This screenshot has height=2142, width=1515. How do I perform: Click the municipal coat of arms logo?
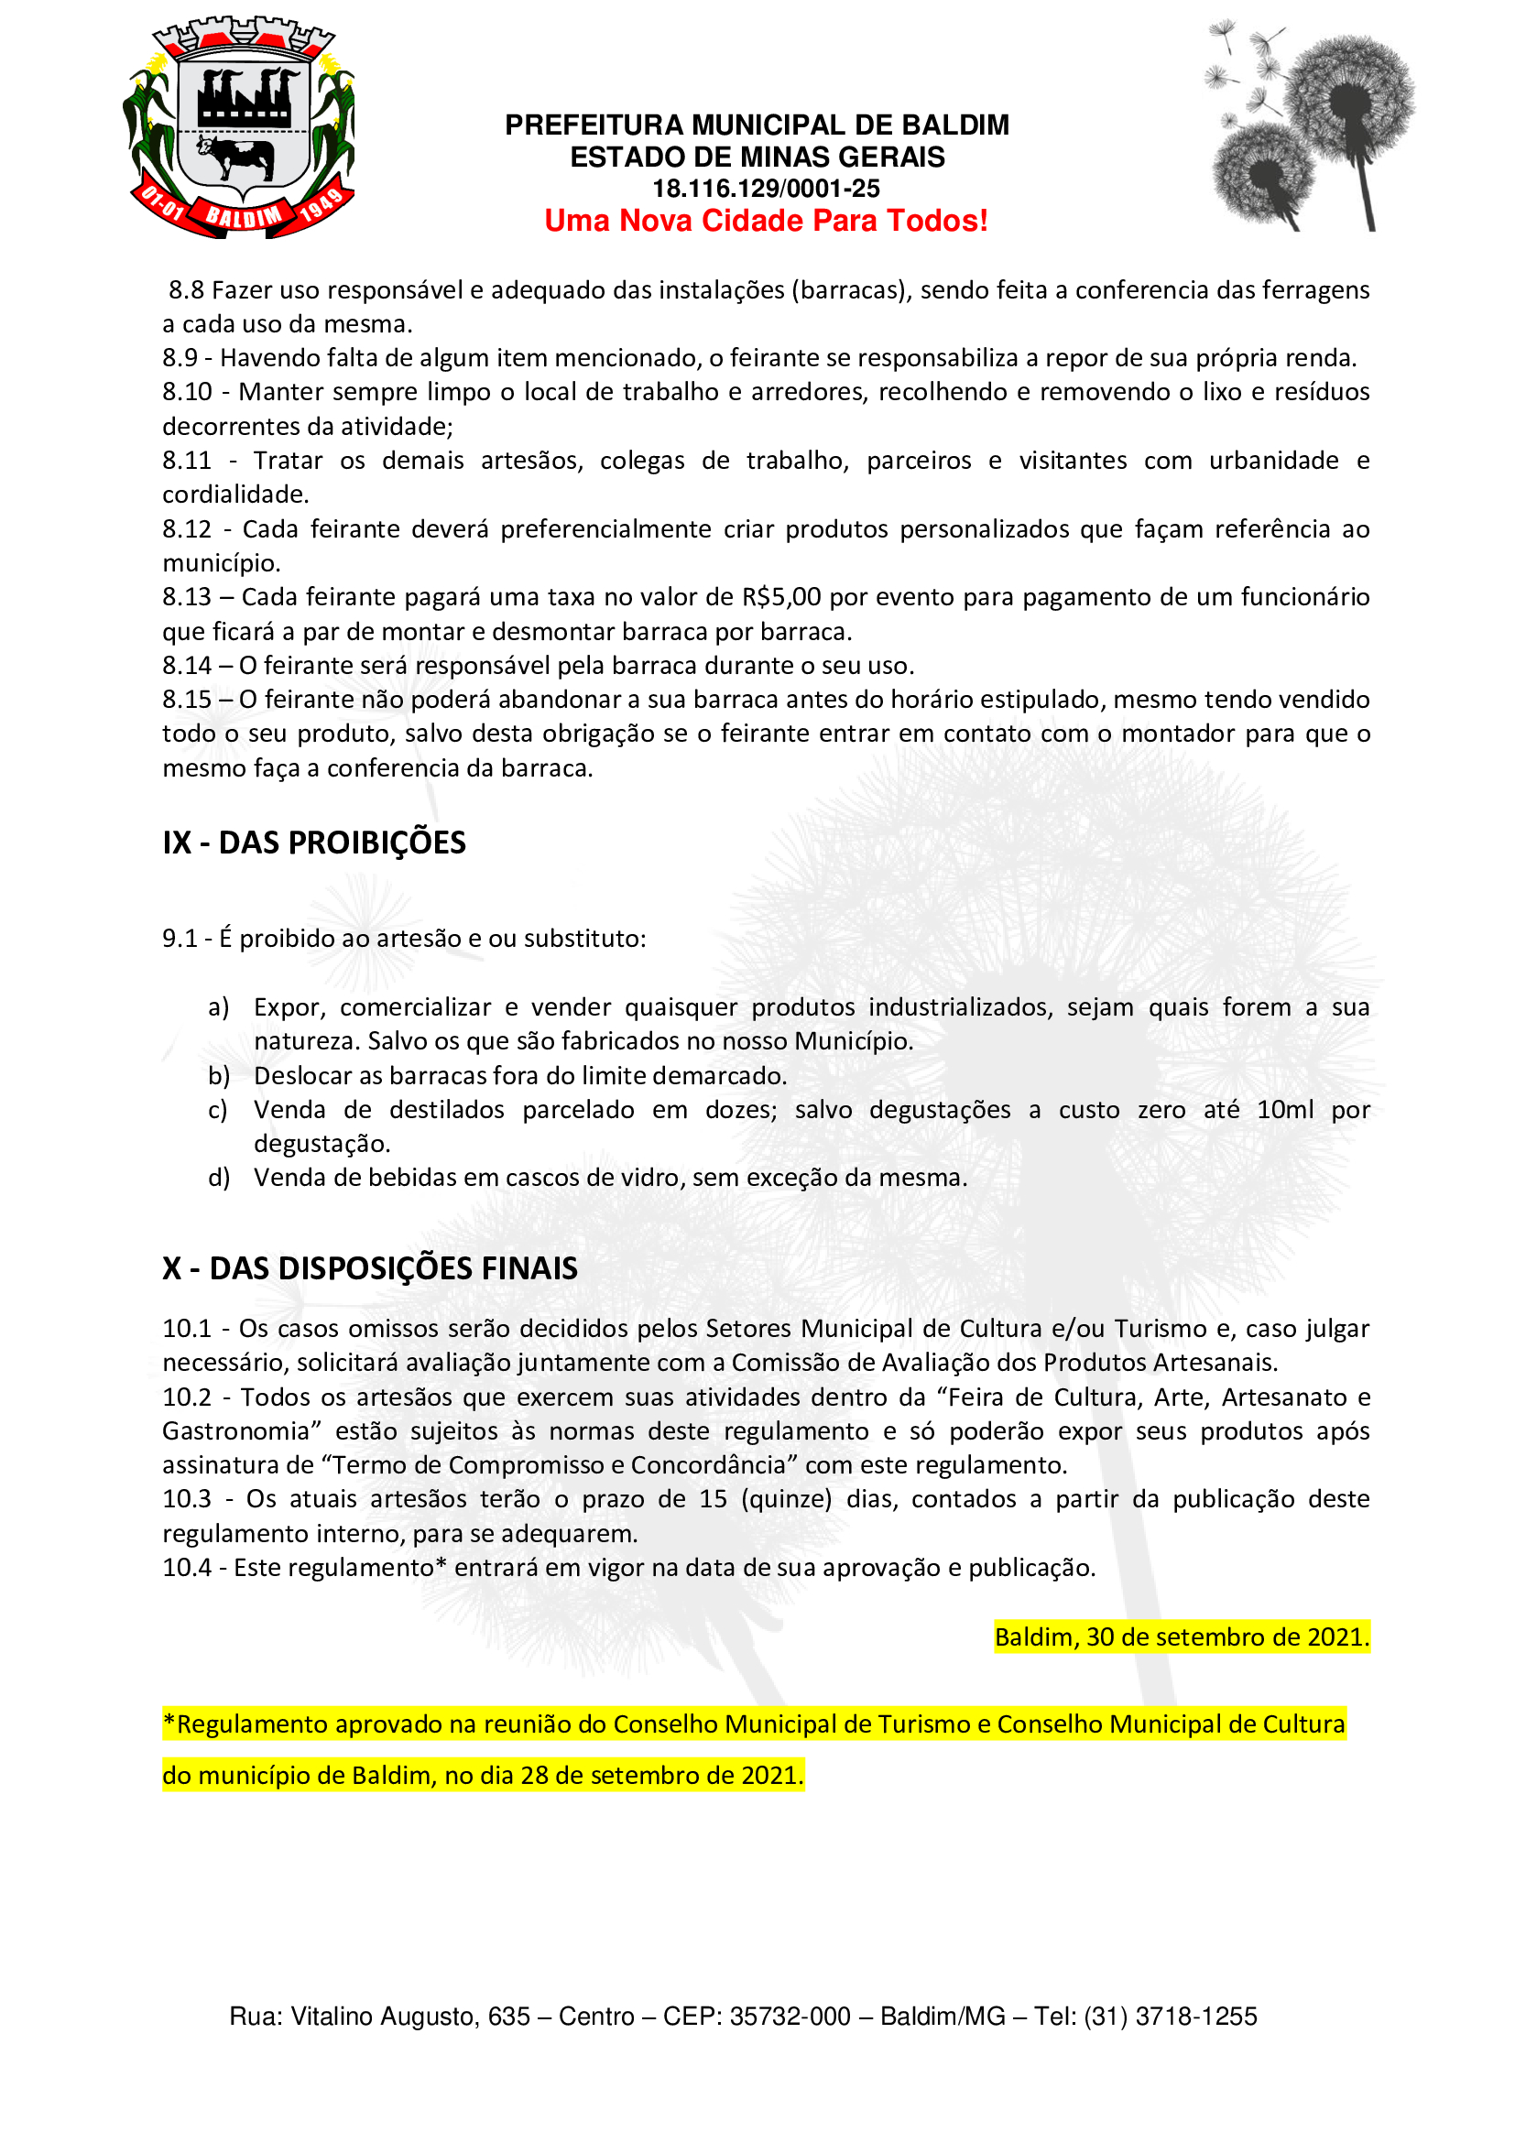(x=238, y=127)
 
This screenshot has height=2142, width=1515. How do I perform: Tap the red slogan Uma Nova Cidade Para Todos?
(x=766, y=221)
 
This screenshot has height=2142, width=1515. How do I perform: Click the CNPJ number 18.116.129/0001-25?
(x=766, y=189)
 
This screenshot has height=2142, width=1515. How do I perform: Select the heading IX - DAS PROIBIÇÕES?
(x=313, y=843)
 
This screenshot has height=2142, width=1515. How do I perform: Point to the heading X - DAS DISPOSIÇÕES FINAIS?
(x=369, y=1268)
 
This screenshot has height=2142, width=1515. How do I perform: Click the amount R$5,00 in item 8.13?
(x=780, y=597)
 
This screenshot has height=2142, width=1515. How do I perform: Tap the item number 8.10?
(x=187, y=392)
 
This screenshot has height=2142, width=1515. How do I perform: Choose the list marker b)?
(x=218, y=1076)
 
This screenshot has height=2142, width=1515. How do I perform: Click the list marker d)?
(x=218, y=1178)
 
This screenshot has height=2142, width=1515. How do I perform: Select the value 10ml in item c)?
(x=1284, y=1110)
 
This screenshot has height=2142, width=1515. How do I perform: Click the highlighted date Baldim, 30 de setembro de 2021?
(x=1181, y=1636)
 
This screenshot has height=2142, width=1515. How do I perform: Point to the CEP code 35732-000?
(x=790, y=2017)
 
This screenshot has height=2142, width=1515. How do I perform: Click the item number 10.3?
(x=187, y=1499)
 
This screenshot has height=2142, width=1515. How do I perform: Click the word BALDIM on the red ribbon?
(x=243, y=217)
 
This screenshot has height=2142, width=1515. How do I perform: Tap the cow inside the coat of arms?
(x=235, y=155)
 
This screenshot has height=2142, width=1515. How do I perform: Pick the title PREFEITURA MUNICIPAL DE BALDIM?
(x=757, y=125)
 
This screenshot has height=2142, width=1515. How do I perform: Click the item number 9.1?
(x=180, y=939)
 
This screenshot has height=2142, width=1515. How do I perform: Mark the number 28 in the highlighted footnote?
(x=535, y=1775)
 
